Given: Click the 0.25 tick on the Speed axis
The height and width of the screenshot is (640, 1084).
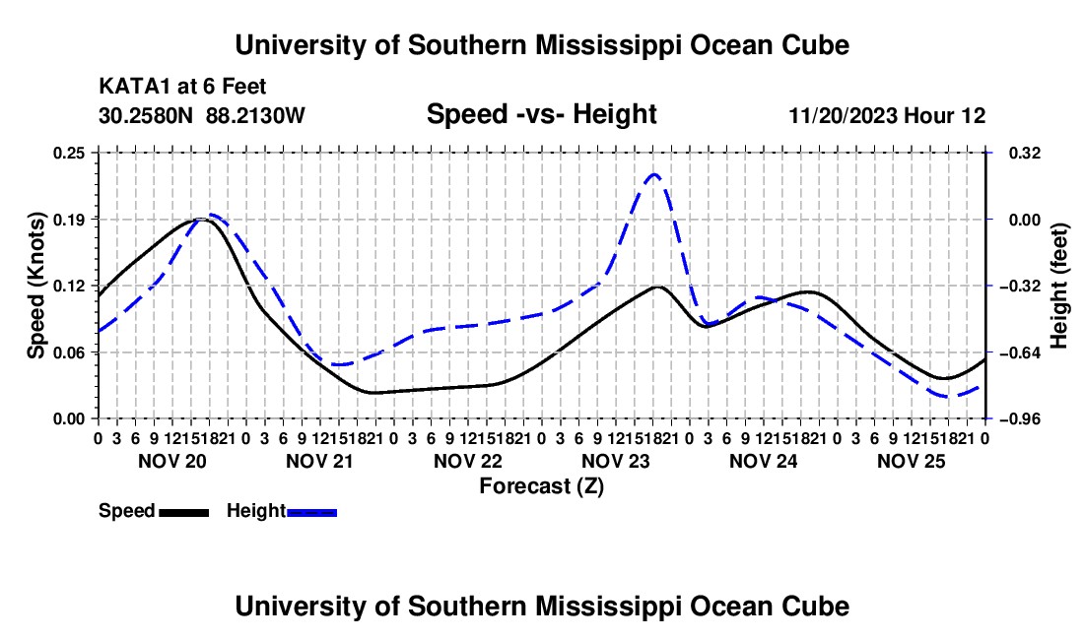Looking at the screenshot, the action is [69, 153].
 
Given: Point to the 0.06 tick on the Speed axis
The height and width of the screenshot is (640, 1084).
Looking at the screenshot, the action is [69, 352].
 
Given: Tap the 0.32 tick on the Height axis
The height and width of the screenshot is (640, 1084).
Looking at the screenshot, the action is [1024, 153].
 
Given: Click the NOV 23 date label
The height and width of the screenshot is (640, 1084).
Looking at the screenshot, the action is [615, 461].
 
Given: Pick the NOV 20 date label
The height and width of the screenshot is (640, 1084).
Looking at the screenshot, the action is [172, 461].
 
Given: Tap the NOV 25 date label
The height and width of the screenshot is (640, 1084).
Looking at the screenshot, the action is [912, 461].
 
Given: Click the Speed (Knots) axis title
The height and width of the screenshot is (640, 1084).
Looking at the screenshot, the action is [35, 286].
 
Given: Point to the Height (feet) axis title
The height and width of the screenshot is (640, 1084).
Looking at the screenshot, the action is [1059, 286].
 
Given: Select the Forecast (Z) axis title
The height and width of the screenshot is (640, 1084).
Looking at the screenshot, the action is [541, 486].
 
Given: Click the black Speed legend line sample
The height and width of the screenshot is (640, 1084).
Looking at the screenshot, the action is [184, 512].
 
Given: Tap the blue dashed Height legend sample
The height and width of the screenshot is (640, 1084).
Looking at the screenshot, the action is [311, 512].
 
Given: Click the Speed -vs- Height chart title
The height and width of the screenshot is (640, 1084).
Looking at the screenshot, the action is [541, 114].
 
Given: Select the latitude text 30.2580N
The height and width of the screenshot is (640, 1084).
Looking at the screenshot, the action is [146, 115].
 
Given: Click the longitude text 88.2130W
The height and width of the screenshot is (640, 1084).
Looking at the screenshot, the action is [255, 115].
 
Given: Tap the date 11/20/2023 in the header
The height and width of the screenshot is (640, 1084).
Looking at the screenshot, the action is [843, 115].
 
